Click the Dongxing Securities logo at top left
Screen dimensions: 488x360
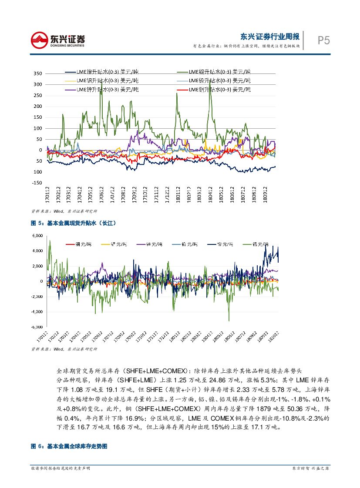pos(57,40)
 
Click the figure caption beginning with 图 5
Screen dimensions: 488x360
pos(74,223)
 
